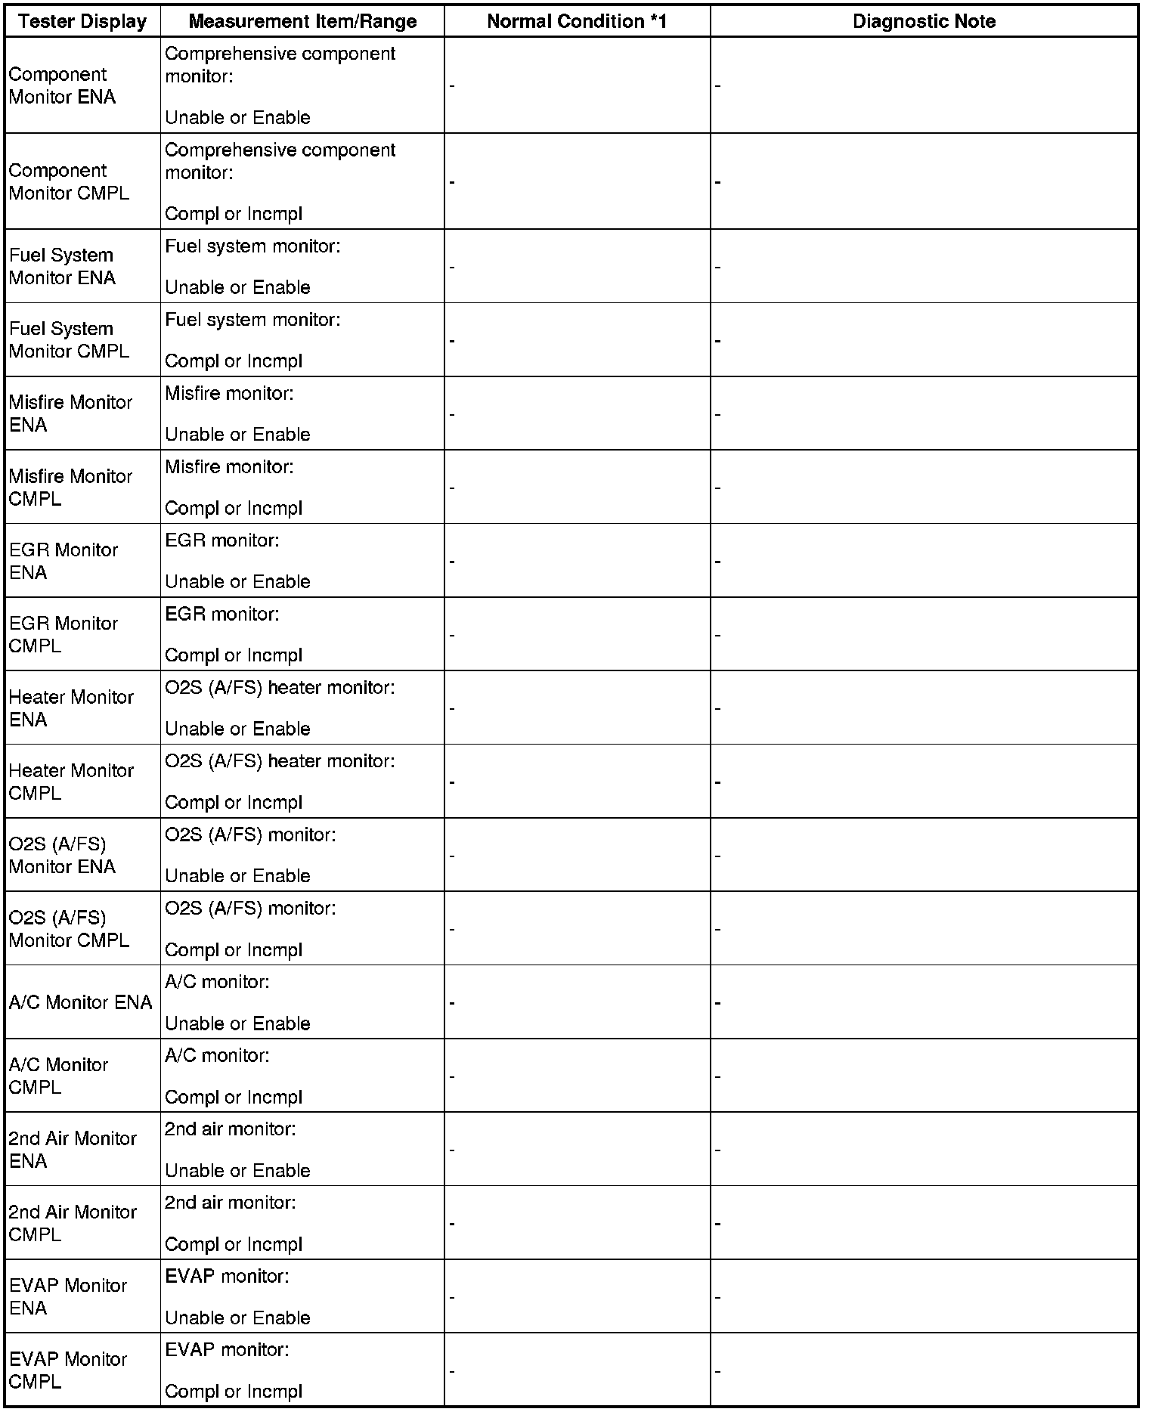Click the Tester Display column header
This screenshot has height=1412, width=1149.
(x=82, y=21)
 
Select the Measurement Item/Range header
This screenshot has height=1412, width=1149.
(x=302, y=21)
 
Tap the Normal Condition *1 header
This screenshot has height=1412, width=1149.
(x=577, y=21)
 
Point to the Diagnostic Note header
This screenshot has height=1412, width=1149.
(x=924, y=21)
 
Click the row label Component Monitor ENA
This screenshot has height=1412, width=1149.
(x=62, y=85)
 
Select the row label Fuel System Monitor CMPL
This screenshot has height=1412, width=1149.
(x=69, y=340)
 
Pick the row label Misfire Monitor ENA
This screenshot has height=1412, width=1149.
(x=70, y=413)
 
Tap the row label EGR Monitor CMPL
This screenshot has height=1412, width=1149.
(x=63, y=634)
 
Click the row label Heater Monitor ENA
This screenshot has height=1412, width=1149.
(x=71, y=708)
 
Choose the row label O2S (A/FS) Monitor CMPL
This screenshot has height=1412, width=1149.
(x=69, y=928)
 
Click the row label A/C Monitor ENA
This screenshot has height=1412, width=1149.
(x=80, y=1002)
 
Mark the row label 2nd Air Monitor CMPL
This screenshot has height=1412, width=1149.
(x=73, y=1223)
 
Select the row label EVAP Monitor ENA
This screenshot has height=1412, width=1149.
(x=68, y=1296)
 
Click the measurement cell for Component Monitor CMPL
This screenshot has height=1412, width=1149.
(x=280, y=181)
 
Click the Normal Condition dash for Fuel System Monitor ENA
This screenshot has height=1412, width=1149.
(x=452, y=267)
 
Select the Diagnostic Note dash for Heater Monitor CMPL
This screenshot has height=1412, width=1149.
(x=718, y=782)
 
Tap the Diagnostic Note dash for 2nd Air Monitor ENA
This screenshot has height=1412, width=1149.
(x=718, y=1150)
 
